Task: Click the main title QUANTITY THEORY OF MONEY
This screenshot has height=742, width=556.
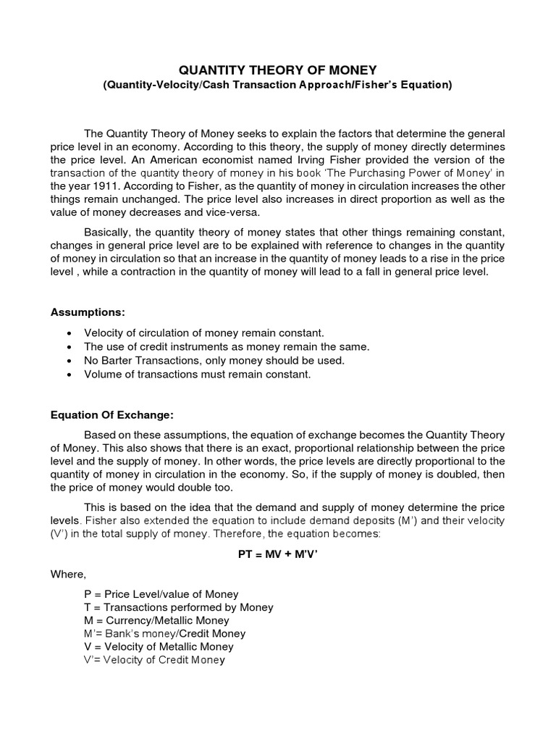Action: click(278, 70)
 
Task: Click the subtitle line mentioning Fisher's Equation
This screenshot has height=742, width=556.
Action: click(278, 85)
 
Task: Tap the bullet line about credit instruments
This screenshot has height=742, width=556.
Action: click(227, 346)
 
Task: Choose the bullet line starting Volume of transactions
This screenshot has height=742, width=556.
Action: click(197, 374)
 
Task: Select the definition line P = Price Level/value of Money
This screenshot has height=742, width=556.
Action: click(161, 594)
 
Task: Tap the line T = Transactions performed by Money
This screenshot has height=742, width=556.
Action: click(178, 607)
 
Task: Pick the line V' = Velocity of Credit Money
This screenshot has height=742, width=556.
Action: click(154, 660)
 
